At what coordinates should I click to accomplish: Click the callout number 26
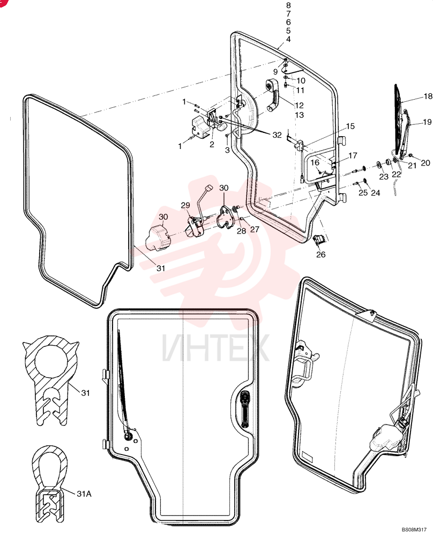pos(320,254)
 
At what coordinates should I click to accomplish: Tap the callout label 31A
pos(84,494)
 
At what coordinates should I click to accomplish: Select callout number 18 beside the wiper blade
pos(428,96)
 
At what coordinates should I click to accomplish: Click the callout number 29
pos(185,205)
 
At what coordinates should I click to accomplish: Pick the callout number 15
pos(350,126)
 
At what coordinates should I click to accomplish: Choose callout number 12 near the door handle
pos(299,105)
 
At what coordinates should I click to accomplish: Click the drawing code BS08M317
pos(414,530)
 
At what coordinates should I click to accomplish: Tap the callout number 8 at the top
pos(288,5)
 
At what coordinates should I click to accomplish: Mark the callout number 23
pos(384,176)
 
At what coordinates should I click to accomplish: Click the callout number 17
pos(353,155)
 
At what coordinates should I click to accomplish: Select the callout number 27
pos(255,229)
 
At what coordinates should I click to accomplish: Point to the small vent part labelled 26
pos(319,240)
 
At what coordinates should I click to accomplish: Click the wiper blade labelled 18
pos(398,118)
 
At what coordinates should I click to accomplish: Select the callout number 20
pos(425,163)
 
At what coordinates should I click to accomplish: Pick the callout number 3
pos(227,150)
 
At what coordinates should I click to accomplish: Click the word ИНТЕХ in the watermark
pos(215,348)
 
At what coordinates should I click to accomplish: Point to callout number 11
pos(300,90)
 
